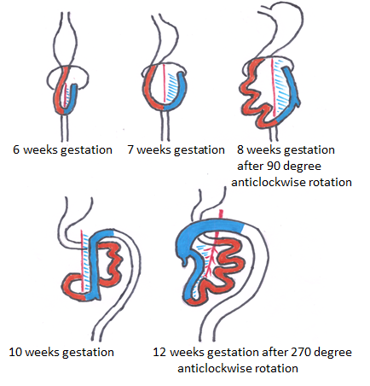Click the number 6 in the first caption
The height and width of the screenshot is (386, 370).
point(16,149)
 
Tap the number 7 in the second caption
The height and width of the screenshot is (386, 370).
point(130,149)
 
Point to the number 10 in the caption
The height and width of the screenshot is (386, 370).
point(16,352)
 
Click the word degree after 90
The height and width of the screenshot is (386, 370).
point(302,167)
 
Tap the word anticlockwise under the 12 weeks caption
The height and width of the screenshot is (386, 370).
point(210,368)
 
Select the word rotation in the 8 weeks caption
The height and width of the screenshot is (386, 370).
point(331,182)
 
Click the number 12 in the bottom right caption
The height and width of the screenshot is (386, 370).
point(159,352)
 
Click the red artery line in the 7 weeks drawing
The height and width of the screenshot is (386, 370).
point(165,84)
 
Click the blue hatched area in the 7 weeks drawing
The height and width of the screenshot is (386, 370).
point(173,88)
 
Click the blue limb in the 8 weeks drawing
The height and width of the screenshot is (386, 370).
point(292,94)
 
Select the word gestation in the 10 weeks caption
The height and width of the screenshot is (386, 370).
point(88,353)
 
